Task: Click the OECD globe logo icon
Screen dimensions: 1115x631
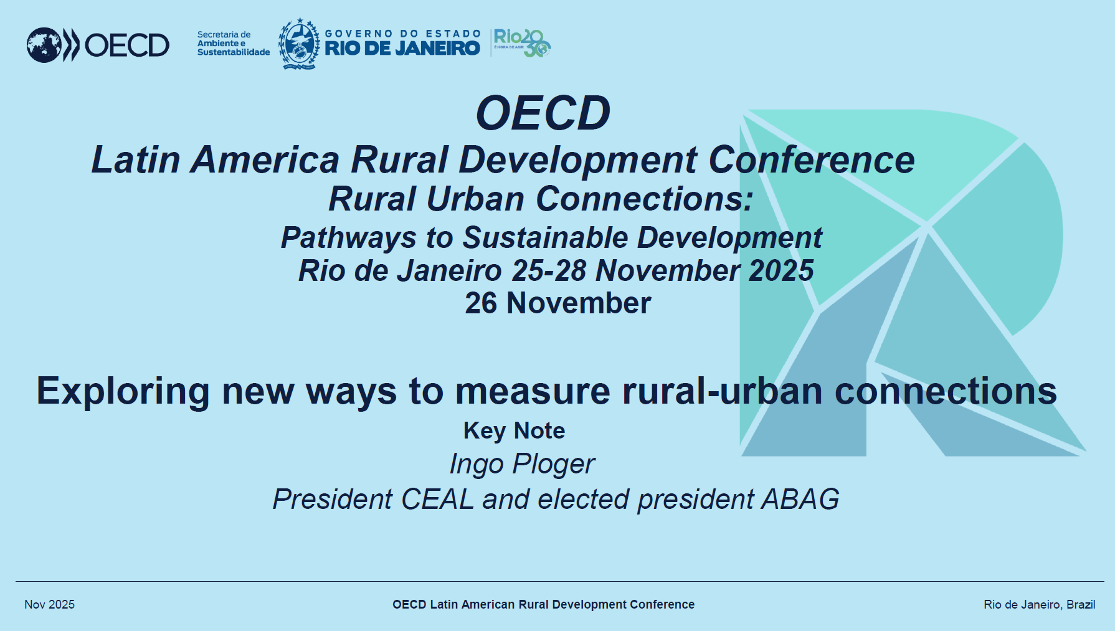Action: [x=44, y=45]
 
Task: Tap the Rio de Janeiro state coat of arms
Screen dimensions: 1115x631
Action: [x=299, y=44]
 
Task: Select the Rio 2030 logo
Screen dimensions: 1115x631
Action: [x=522, y=43]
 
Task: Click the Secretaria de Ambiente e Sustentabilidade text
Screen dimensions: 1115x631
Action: [x=234, y=44]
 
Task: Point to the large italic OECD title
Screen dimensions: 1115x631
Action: [x=543, y=113]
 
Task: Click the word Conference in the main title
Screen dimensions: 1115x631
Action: [x=812, y=159]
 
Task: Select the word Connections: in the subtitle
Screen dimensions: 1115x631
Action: [x=645, y=199]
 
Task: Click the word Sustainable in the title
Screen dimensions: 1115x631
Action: [x=546, y=237]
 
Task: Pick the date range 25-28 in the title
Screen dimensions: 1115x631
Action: [x=549, y=270]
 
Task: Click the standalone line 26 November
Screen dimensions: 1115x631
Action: [x=558, y=303]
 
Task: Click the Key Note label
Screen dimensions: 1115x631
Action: [x=515, y=431]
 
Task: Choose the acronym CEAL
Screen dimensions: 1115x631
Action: [x=438, y=500]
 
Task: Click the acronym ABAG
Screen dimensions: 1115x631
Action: [x=800, y=500]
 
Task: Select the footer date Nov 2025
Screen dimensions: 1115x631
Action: [x=50, y=604]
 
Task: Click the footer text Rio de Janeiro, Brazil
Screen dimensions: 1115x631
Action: [x=1040, y=604]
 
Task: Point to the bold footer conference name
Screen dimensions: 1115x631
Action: [x=544, y=604]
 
